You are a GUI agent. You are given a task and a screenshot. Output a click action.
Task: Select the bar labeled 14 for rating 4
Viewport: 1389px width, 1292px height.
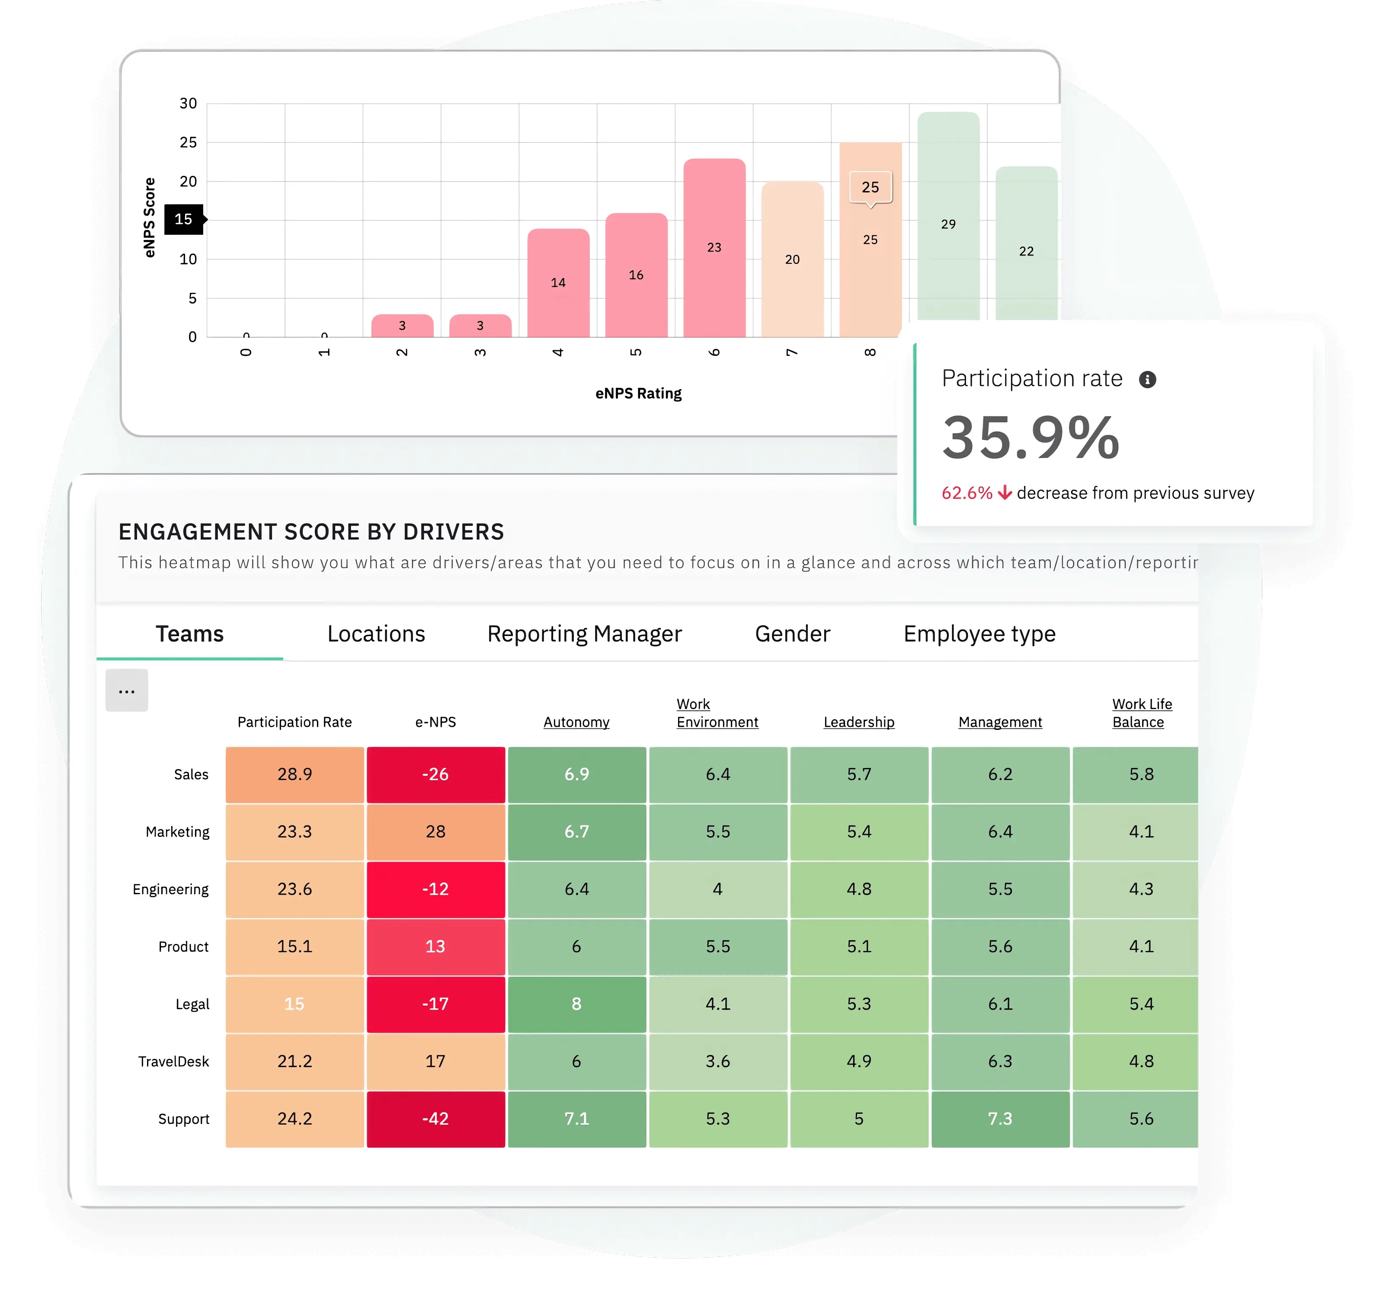click(558, 282)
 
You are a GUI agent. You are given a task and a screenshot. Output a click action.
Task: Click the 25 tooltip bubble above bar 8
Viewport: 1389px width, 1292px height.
click(870, 187)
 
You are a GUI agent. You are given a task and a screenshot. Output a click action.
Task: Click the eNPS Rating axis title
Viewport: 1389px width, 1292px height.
click(638, 393)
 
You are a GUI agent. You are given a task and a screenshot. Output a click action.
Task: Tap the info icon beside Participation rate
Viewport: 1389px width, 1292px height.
click(1147, 379)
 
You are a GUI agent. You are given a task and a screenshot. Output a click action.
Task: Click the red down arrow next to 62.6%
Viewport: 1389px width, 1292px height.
click(1005, 493)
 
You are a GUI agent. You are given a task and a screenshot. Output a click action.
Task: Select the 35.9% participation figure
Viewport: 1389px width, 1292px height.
click(1031, 438)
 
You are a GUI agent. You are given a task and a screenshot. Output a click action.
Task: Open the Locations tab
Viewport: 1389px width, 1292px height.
click(376, 634)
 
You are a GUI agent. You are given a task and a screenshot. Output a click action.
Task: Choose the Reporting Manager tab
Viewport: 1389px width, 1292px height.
click(584, 634)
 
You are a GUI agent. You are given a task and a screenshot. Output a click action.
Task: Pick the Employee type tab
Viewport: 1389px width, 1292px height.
click(979, 634)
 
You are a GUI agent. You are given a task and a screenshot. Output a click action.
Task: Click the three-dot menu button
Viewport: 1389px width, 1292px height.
click(126, 691)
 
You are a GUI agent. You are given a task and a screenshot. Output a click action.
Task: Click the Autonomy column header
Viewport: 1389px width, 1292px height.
click(576, 722)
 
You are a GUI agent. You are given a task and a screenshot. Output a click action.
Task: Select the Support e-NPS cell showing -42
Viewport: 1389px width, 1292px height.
click(435, 1119)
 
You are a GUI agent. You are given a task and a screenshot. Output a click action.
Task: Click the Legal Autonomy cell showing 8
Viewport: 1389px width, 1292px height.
click(576, 1004)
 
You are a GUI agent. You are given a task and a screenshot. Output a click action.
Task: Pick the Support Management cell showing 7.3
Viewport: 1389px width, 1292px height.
click(1000, 1119)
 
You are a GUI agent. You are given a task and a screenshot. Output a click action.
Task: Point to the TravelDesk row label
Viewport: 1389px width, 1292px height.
click(173, 1062)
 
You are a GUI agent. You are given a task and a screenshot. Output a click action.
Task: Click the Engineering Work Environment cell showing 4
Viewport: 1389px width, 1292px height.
click(717, 889)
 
